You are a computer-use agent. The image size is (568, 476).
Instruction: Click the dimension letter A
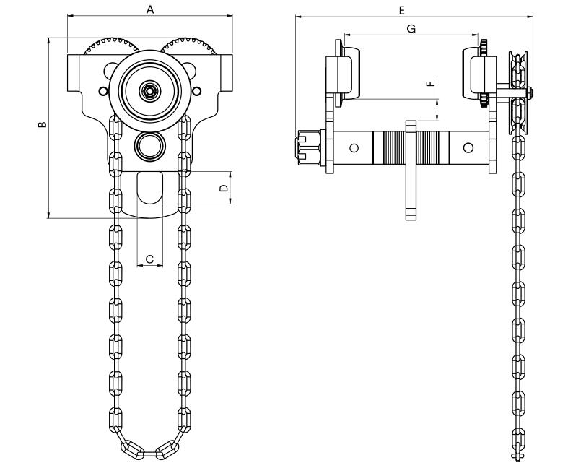(150, 9)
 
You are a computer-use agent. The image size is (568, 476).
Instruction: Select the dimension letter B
(43, 124)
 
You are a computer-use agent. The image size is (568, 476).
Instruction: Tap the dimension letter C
(149, 259)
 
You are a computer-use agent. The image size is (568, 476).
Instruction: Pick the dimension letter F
(431, 85)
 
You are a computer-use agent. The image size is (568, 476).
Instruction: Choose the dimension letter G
(411, 28)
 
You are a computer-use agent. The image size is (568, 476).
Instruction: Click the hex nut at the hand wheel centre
(149, 91)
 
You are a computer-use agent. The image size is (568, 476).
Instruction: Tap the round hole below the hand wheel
(149, 145)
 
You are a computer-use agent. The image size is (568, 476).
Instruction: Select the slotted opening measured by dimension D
(149, 187)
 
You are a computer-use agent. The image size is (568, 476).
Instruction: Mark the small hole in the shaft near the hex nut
(354, 147)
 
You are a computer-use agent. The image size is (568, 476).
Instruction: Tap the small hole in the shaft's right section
(468, 147)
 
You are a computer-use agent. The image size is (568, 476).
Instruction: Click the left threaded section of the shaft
(390, 147)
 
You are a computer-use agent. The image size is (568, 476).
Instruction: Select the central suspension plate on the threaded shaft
(411, 170)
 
